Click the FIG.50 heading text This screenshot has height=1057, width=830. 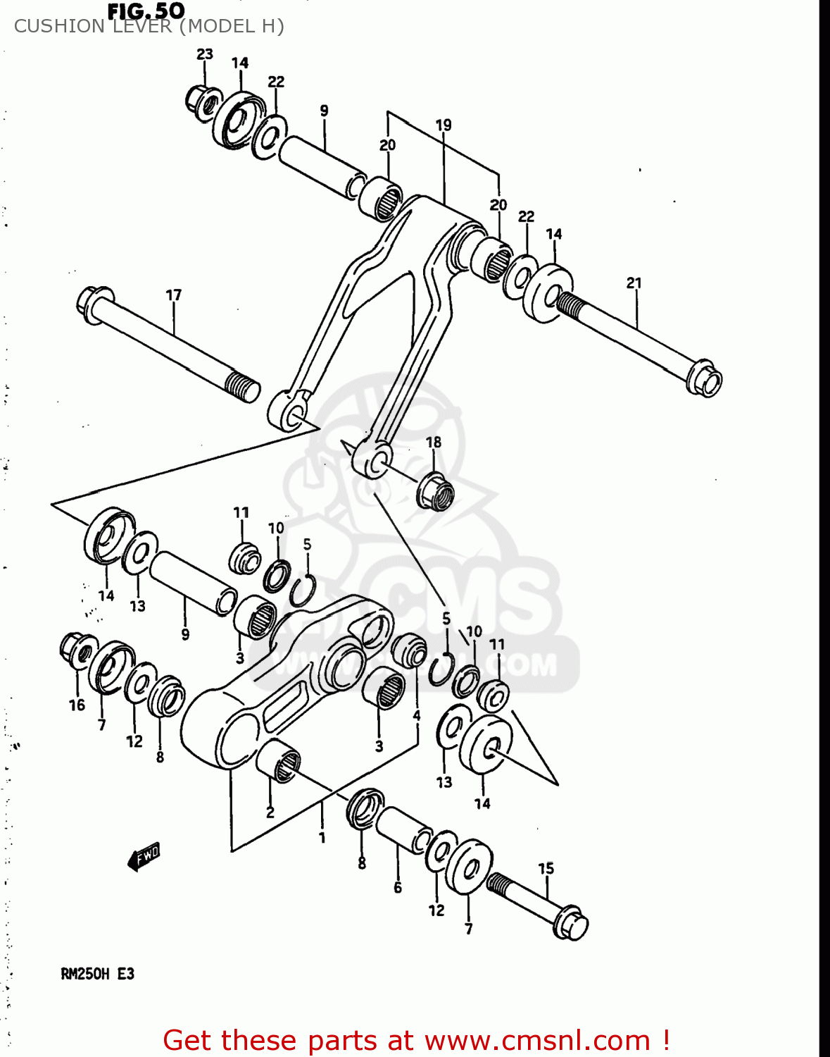pyautogui.click(x=146, y=11)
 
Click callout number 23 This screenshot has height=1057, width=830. pyautogui.click(x=204, y=54)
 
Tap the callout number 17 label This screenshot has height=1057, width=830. pyautogui.click(x=173, y=295)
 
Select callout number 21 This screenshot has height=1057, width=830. pyautogui.click(x=634, y=283)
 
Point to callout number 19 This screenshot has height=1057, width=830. pyautogui.click(x=443, y=125)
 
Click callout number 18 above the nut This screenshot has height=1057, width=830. pyautogui.click(x=434, y=442)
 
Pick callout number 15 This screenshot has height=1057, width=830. pyautogui.click(x=546, y=869)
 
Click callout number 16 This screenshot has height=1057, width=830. pyautogui.click(x=77, y=705)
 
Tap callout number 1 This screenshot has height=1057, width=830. pyautogui.click(x=322, y=838)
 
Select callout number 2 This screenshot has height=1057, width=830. pyautogui.click(x=270, y=812)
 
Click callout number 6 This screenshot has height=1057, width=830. pyautogui.click(x=398, y=888)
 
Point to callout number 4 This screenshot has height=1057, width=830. pyautogui.click(x=417, y=716)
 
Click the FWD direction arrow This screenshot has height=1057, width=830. pyautogui.click(x=144, y=856)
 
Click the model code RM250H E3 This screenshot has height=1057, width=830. pyautogui.click(x=97, y=974)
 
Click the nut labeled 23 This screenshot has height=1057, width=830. pyautogui.click(x=201, y=101)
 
